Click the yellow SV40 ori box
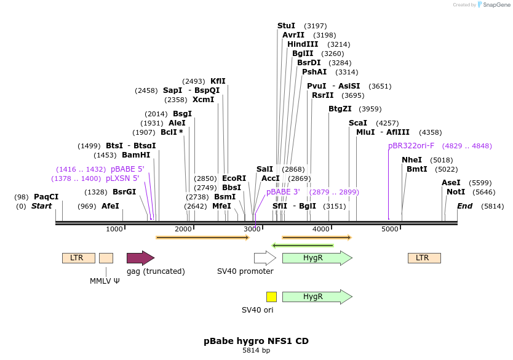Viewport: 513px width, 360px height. click(271, 297)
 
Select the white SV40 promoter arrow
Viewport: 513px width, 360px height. click(265, 258)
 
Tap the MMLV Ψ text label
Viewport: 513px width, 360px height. click(105, 281)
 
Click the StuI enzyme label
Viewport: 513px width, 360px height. click(286, 25)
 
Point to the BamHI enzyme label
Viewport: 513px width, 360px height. click(136, 155)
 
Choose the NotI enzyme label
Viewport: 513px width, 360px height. click(456, 192)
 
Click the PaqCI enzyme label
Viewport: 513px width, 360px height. click(46, 197)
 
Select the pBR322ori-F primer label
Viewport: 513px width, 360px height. click(411, 146)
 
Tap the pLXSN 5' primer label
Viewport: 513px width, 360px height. click(122, 178)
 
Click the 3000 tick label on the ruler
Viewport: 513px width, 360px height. click(252, 229)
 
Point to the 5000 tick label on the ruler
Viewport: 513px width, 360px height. click(390, 229)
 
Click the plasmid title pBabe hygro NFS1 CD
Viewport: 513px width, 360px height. click(256, 340)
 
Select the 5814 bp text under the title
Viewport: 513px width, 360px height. click(256, 350)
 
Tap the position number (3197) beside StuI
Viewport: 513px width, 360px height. click(316, 26)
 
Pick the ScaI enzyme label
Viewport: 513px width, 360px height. click(357, 123)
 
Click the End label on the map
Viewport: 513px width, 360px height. click(464, 206)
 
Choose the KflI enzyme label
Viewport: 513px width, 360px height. click(218, 81)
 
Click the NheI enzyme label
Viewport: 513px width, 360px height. click(412, 160)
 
